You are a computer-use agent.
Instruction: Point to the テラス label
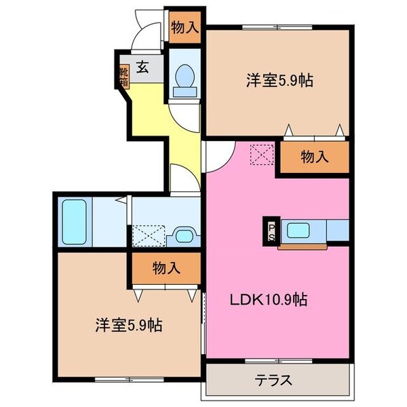pyautogui.click(x=273, y=380)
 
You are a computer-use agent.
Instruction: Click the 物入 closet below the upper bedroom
pyautogui.click(x=314, y=157)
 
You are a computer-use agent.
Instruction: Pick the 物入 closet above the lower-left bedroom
pyautogui.click(x=166, y=267)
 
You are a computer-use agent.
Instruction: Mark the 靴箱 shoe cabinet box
pyautogui.click(x=124, y=77)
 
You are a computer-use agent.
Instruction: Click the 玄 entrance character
pyautogui.click(x=143, y=67)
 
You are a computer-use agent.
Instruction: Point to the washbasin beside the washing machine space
pyautogui.click(x=184, y=235)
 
